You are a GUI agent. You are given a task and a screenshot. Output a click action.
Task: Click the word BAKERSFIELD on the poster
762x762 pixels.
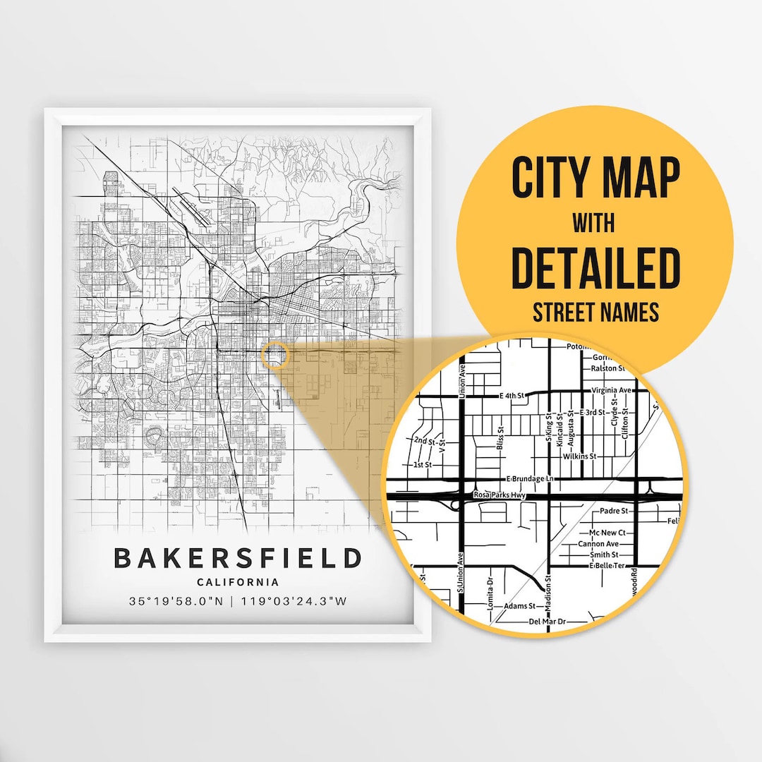[x=238, y=557]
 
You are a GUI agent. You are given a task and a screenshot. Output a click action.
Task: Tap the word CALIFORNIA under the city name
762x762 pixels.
[x=238, y=582]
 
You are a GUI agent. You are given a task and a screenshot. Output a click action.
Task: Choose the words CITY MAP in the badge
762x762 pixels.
[x=595, y=179]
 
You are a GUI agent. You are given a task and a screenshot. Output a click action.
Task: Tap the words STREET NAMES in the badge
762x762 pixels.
[x=595, y=311]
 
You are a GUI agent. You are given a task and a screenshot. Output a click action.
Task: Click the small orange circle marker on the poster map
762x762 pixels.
[x=274, y=355]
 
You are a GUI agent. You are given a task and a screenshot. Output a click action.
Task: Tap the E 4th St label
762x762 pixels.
[x=513, y=396]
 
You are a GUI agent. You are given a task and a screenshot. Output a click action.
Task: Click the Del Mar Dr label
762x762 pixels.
[x=548, y=622]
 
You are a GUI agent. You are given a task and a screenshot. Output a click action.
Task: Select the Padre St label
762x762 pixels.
[x=613, y=510]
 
